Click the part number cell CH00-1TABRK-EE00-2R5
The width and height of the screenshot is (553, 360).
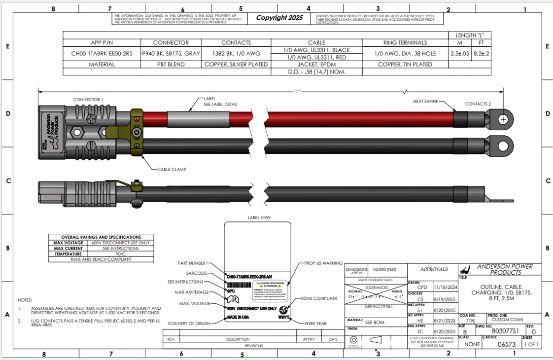[x=102, y=53]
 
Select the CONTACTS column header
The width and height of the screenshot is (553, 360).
[x=236, y=42]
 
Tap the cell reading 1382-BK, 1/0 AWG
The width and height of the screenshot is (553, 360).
[x=236, y=53]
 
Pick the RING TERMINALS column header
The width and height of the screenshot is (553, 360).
[x=405, y=42]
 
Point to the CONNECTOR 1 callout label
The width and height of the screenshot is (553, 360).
[x=88, y=100]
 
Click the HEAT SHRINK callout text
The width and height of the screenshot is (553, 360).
[x=425, y=101]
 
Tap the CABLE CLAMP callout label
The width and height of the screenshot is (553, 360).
[x=172, y=169]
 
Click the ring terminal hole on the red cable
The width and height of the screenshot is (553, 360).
[x=503, y=119]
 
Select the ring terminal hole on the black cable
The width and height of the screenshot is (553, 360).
[x=503, y=146]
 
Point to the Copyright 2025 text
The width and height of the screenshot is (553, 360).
[x=279, y=18]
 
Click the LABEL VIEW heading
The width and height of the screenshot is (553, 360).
[x=259, y=217]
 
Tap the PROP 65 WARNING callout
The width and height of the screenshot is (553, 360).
[x=323, y=263]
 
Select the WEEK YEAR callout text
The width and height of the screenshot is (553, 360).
[x=315, y=324]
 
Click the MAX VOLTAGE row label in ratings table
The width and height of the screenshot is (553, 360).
[x=69, y=243]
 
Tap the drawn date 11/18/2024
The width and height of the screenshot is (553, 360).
[x=446, y=287]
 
